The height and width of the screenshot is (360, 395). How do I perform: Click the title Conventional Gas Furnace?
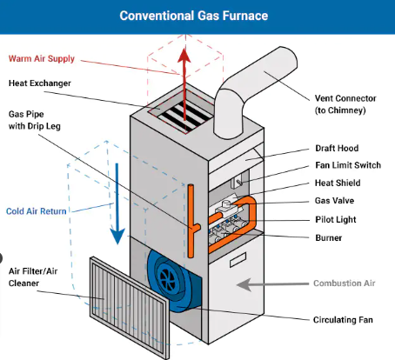[194, 16]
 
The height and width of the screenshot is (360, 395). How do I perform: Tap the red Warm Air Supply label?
[42, 58]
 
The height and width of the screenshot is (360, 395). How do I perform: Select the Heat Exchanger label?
[40, 83]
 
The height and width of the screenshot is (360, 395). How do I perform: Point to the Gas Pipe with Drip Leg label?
[35, 120]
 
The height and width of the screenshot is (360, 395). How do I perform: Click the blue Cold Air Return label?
[37, 211]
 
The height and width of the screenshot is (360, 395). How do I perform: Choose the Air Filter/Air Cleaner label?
[33, 277]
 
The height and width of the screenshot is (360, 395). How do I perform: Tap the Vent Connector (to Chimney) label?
[345, 104]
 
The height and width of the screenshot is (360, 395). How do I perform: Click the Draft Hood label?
[337, 148]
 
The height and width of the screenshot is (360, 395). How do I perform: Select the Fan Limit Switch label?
[348, 165]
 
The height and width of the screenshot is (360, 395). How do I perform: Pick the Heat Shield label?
[338, 183]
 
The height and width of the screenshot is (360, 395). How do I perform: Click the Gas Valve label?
[334, 201]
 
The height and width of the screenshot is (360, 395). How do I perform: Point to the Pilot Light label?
[336, 219]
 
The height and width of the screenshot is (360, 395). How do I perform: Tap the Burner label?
[329, 238]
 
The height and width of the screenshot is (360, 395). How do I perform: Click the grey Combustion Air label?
[345, 283]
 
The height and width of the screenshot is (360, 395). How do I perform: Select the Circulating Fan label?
[343, 320]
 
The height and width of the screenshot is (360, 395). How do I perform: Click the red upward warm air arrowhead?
[184, 56]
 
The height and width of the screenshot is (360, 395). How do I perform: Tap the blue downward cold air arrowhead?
[117, 236]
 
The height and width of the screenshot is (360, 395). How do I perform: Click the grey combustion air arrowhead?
[244, 284]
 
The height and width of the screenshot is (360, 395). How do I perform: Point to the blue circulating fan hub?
[167, 277]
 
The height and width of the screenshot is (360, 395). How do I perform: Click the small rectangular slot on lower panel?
[238, 260]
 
